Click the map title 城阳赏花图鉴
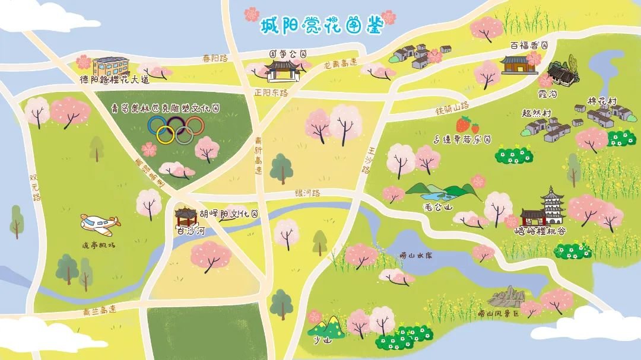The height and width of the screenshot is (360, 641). pos(320,24)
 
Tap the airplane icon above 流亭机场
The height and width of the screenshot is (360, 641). pos(100,224)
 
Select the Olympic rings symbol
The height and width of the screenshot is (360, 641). pos(176,129)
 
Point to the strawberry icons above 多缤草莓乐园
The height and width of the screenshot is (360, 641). pos(467,125)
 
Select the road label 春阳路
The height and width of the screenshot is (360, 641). pos(215,58)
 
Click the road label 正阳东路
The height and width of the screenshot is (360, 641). pos(271,93)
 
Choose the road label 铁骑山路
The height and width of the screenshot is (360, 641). pos(452,108)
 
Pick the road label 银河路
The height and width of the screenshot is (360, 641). pos(307,193)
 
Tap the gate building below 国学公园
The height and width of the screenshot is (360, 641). pos(281,70)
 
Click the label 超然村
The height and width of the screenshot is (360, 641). pos(537,113)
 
